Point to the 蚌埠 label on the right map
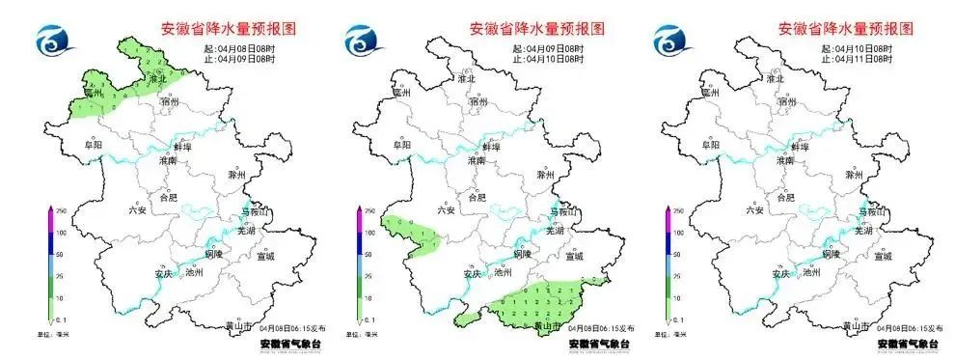click(799, 147)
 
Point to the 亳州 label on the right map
click(711, 94)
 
